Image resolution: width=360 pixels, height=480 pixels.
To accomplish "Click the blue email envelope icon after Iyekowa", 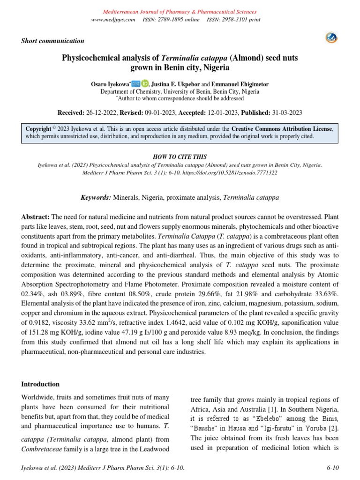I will pos(136,83).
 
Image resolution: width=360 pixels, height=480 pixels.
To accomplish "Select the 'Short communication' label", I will pos(52,41).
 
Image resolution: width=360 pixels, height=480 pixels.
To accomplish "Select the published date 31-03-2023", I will pos(286,113).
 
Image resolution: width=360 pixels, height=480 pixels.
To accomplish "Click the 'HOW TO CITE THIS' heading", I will pos(180,157).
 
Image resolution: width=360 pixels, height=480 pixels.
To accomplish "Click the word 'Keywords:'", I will pos(96,198).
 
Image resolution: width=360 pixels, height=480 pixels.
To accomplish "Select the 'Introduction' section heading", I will pos(40,384).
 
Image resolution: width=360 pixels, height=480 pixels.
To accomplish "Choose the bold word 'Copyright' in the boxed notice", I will pos(38,128).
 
